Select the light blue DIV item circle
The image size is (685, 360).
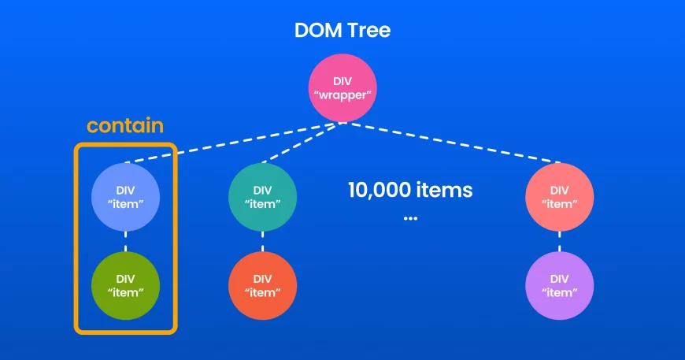[126, 197]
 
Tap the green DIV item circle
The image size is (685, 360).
[126, 285]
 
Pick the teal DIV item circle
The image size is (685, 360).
[263, 197]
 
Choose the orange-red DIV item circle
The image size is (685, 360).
[263, 285]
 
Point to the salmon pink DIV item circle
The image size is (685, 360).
[559, 197]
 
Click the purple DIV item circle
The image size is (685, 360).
[559, 285]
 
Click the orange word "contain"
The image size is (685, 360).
[125, 126]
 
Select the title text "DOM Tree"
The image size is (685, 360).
[342, 32]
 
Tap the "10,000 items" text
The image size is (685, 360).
[410, 190]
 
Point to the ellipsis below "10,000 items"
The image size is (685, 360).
[410, 217]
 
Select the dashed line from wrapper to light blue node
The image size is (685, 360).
[236, 142]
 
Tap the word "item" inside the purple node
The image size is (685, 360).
[559, 292]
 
